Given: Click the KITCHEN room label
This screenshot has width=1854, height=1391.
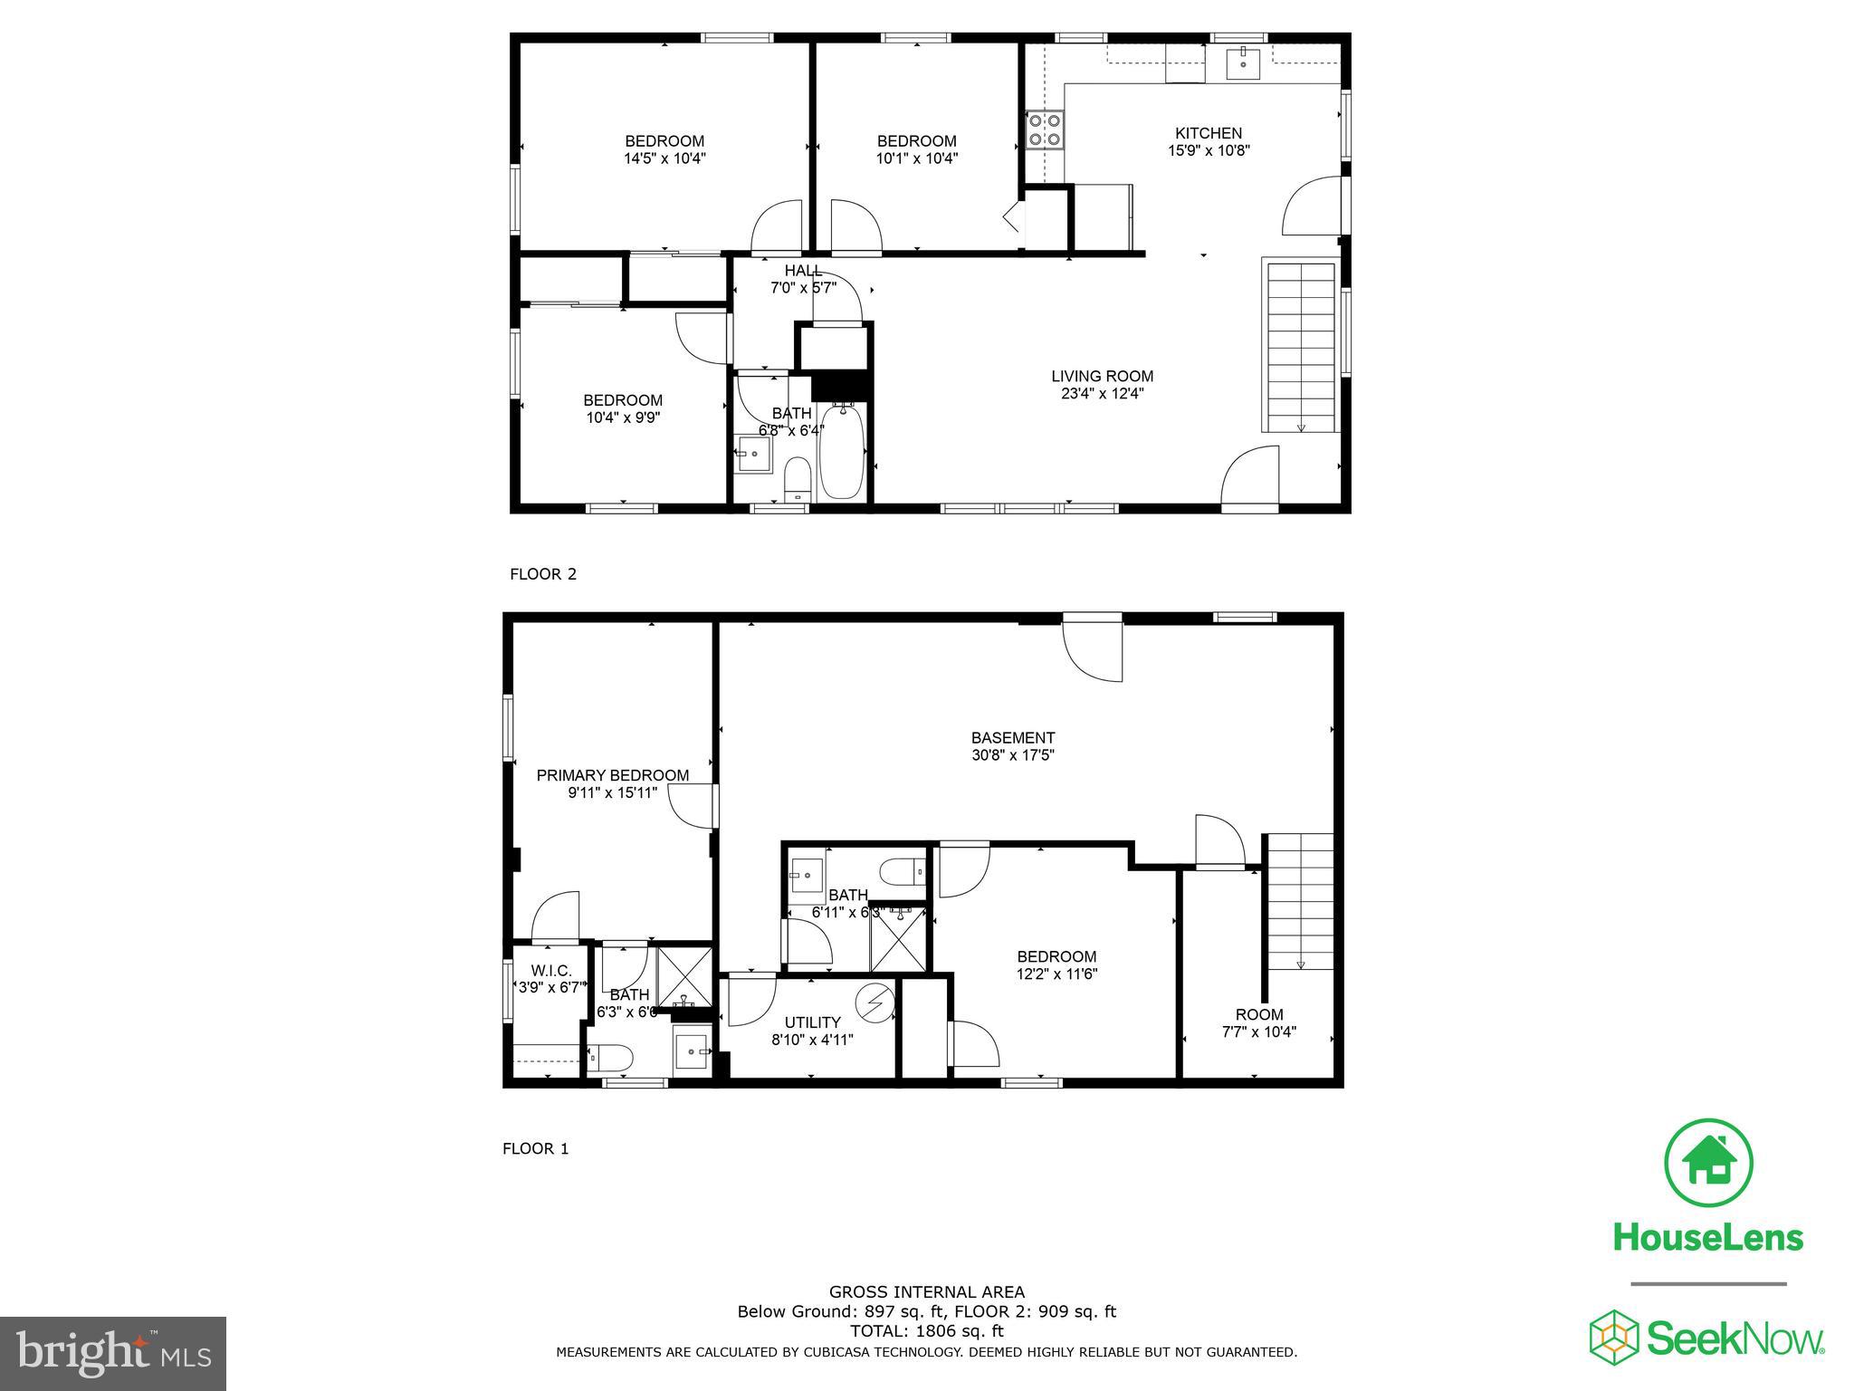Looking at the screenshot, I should [1208, 133].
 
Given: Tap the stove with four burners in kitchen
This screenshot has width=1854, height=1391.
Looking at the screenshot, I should [1044, 130].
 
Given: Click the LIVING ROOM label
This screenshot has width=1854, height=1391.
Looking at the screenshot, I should [1102, 377].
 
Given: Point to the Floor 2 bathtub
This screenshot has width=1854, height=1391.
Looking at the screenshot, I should [841, 452].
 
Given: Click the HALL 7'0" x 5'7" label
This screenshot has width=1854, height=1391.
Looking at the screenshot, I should [803, 279].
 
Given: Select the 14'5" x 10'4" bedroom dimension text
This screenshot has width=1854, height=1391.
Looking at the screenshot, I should [664, 158].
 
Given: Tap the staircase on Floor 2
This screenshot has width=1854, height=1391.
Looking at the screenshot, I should [1301, 348].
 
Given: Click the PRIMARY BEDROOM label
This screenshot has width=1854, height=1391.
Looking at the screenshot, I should [612, 775].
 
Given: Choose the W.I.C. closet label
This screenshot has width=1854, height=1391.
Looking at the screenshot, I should [551, 971].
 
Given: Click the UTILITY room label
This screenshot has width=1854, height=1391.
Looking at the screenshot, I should [812, 1022].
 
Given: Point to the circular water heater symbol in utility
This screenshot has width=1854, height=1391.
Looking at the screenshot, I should [875, 1002].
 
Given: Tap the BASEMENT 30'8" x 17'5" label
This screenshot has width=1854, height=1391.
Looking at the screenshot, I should [1012, 746].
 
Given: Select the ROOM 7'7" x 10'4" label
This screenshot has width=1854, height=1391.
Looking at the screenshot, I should [1258, 1022].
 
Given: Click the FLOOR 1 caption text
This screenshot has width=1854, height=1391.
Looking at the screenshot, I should [536, 1149].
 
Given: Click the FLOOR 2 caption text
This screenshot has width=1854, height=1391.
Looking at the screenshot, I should [543, 574].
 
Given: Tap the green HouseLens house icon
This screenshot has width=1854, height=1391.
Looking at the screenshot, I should [1708, 1163].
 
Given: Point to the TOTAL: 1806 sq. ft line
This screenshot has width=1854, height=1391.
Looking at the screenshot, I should [926, 1331].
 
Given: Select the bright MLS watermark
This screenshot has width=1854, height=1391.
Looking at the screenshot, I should [113, 1354].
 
